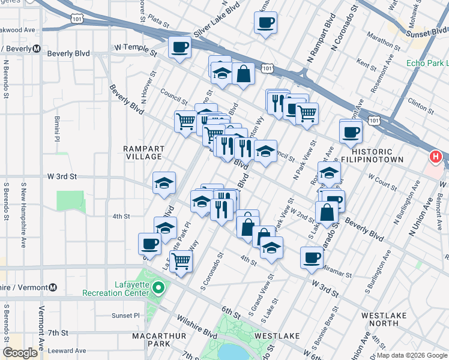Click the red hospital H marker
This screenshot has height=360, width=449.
pyautogui.click(x=436, y=157)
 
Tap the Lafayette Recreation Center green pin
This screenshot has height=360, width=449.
pyautogui.click(x=158, y=289)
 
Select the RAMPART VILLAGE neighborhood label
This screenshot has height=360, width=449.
pyautogui.click(x=143, y=152)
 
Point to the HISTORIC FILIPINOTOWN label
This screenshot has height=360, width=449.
pyautogui.click(x=367, y=157)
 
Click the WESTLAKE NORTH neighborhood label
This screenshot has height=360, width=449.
pyautogui.click(x=384, y=319)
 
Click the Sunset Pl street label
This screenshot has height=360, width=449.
pyautogui.click(x=125, y=315)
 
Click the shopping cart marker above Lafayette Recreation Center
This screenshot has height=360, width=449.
pyautogui.click(x=181, y=261)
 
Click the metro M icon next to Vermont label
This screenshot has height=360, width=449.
pyautogui.click(x=54, y=287)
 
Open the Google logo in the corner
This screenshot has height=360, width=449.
pyautogui.click(x=20, y=353)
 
